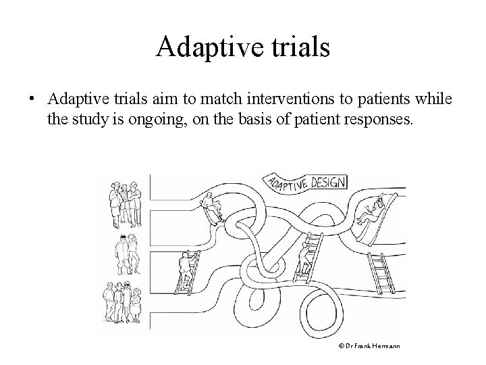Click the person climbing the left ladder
[186, 266]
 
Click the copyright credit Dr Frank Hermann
[369, 346]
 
